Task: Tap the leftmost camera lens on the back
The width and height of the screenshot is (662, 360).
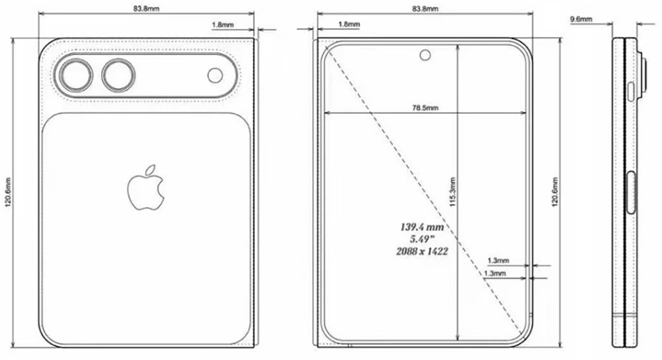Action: [x=76, y=75]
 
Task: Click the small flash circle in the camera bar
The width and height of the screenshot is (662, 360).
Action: [x=215, y=75]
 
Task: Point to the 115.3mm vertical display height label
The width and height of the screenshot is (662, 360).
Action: [x=452, y=193]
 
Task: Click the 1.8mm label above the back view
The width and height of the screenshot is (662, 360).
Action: [x=221, y=25]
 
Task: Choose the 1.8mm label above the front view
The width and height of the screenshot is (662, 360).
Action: [x=349, y=24]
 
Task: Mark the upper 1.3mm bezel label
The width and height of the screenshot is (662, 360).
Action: [x=497, y=260]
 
